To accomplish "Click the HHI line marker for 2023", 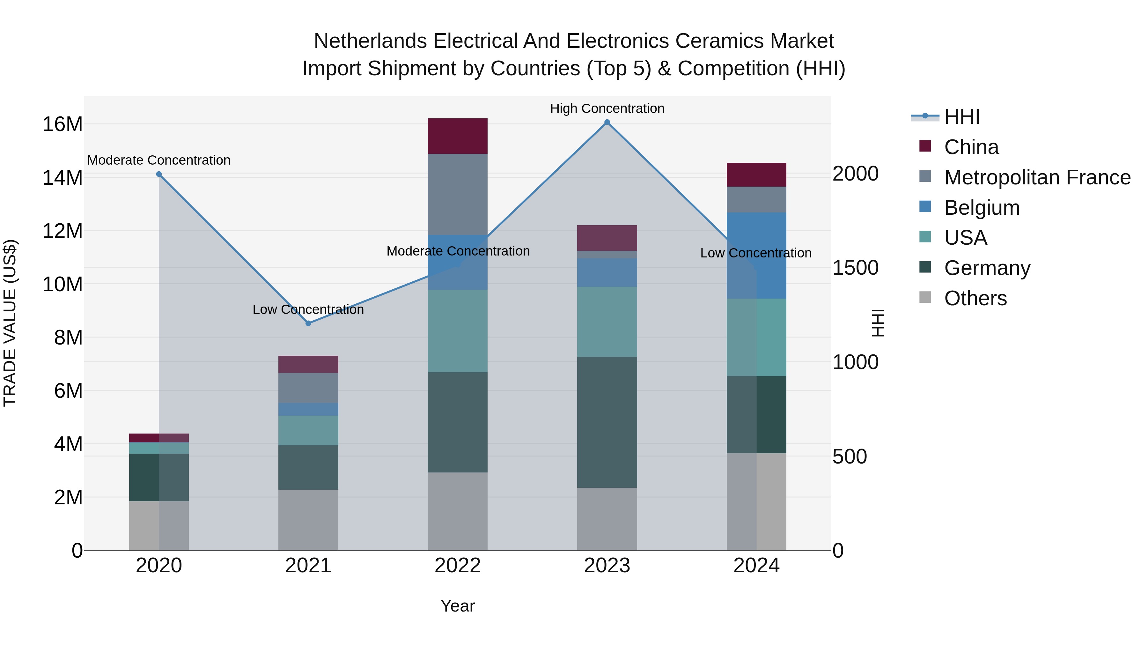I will click(x=607, y=122).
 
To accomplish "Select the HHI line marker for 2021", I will click(x=308, y=323).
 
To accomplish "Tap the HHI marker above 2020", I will click(x=159, y=174).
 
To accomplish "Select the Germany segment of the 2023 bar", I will click(x=607, y=422).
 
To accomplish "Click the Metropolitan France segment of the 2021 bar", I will click(x=308, y=388).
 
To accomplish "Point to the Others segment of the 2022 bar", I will click(x=458, y=511).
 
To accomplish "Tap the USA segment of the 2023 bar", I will click(x=607, y=322).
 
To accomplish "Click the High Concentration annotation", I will click(x=607, y=108).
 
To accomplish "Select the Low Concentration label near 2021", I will click(x=308, y=309).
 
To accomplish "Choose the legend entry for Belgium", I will click(x=982, y=208).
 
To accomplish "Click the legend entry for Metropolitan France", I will click(x=1037, y=177).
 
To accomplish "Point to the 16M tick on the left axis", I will click(x=63, y=124).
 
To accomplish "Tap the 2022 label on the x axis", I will click(x=458, y=566).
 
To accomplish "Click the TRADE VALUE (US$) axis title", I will click(x=10, y=323).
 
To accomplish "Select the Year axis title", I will click(x=458, y=606).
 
